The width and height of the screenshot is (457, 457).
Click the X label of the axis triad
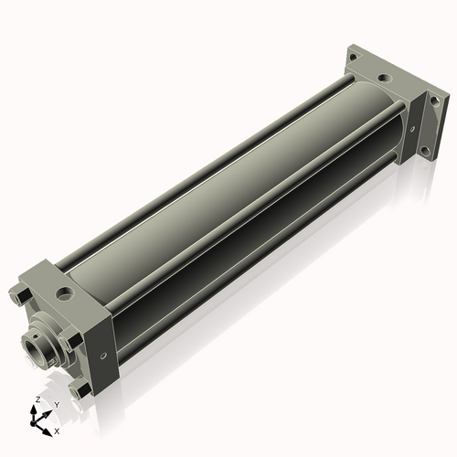[x=57, y=431]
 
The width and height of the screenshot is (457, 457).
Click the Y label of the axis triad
[x=57, y=405]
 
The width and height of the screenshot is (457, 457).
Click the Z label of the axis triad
[x=37, y=399]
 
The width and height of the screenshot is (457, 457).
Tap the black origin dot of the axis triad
[x=33, y=423]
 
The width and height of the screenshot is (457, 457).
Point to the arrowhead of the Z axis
[x=33, y=409]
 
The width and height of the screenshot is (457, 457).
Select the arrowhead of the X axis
[x=47, y=432]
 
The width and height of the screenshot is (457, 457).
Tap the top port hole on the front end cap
[x=65, y=293]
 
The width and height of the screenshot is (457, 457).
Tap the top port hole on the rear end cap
[x=384, y=78]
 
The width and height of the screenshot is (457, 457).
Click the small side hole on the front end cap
[x=103, y=356]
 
